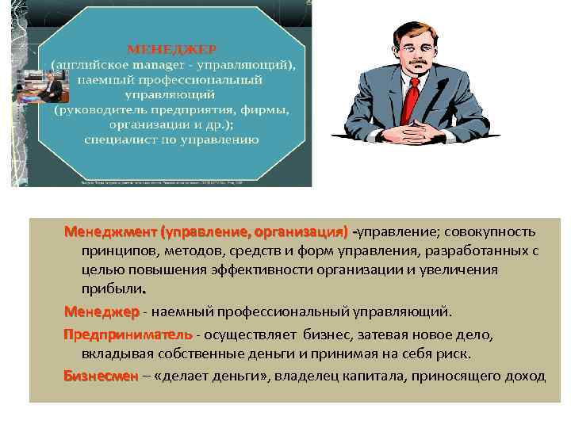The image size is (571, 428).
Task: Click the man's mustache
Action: [x=408, y=69]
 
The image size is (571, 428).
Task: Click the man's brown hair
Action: [x=408, y=32]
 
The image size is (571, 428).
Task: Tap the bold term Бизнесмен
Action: [x=100, y=376]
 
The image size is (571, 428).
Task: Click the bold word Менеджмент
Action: [x=110, y=232]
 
